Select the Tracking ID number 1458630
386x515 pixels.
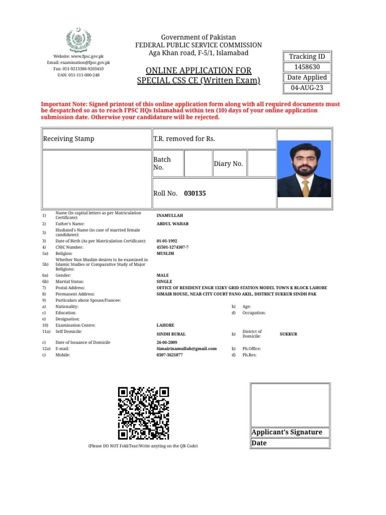[307, 67]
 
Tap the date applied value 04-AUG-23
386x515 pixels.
[307, 88]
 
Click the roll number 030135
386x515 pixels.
[195, 193]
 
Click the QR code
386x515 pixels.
[143, 413]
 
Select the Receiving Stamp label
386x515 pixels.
[68, 139]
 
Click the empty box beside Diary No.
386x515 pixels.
[261, 163]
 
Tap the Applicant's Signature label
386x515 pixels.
[286, 433]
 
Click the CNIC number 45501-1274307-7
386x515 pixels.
[172, 247]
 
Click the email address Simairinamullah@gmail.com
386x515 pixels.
[186, 349]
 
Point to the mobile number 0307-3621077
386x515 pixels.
[169, 355]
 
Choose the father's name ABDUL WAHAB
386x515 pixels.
[172, 224]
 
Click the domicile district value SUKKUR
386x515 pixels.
[288, 334]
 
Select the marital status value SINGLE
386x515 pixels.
[164, 282]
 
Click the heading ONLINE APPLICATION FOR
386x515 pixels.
[199, 70]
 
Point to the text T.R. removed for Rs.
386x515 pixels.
[184, 139]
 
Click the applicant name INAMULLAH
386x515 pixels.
[170, 215]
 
